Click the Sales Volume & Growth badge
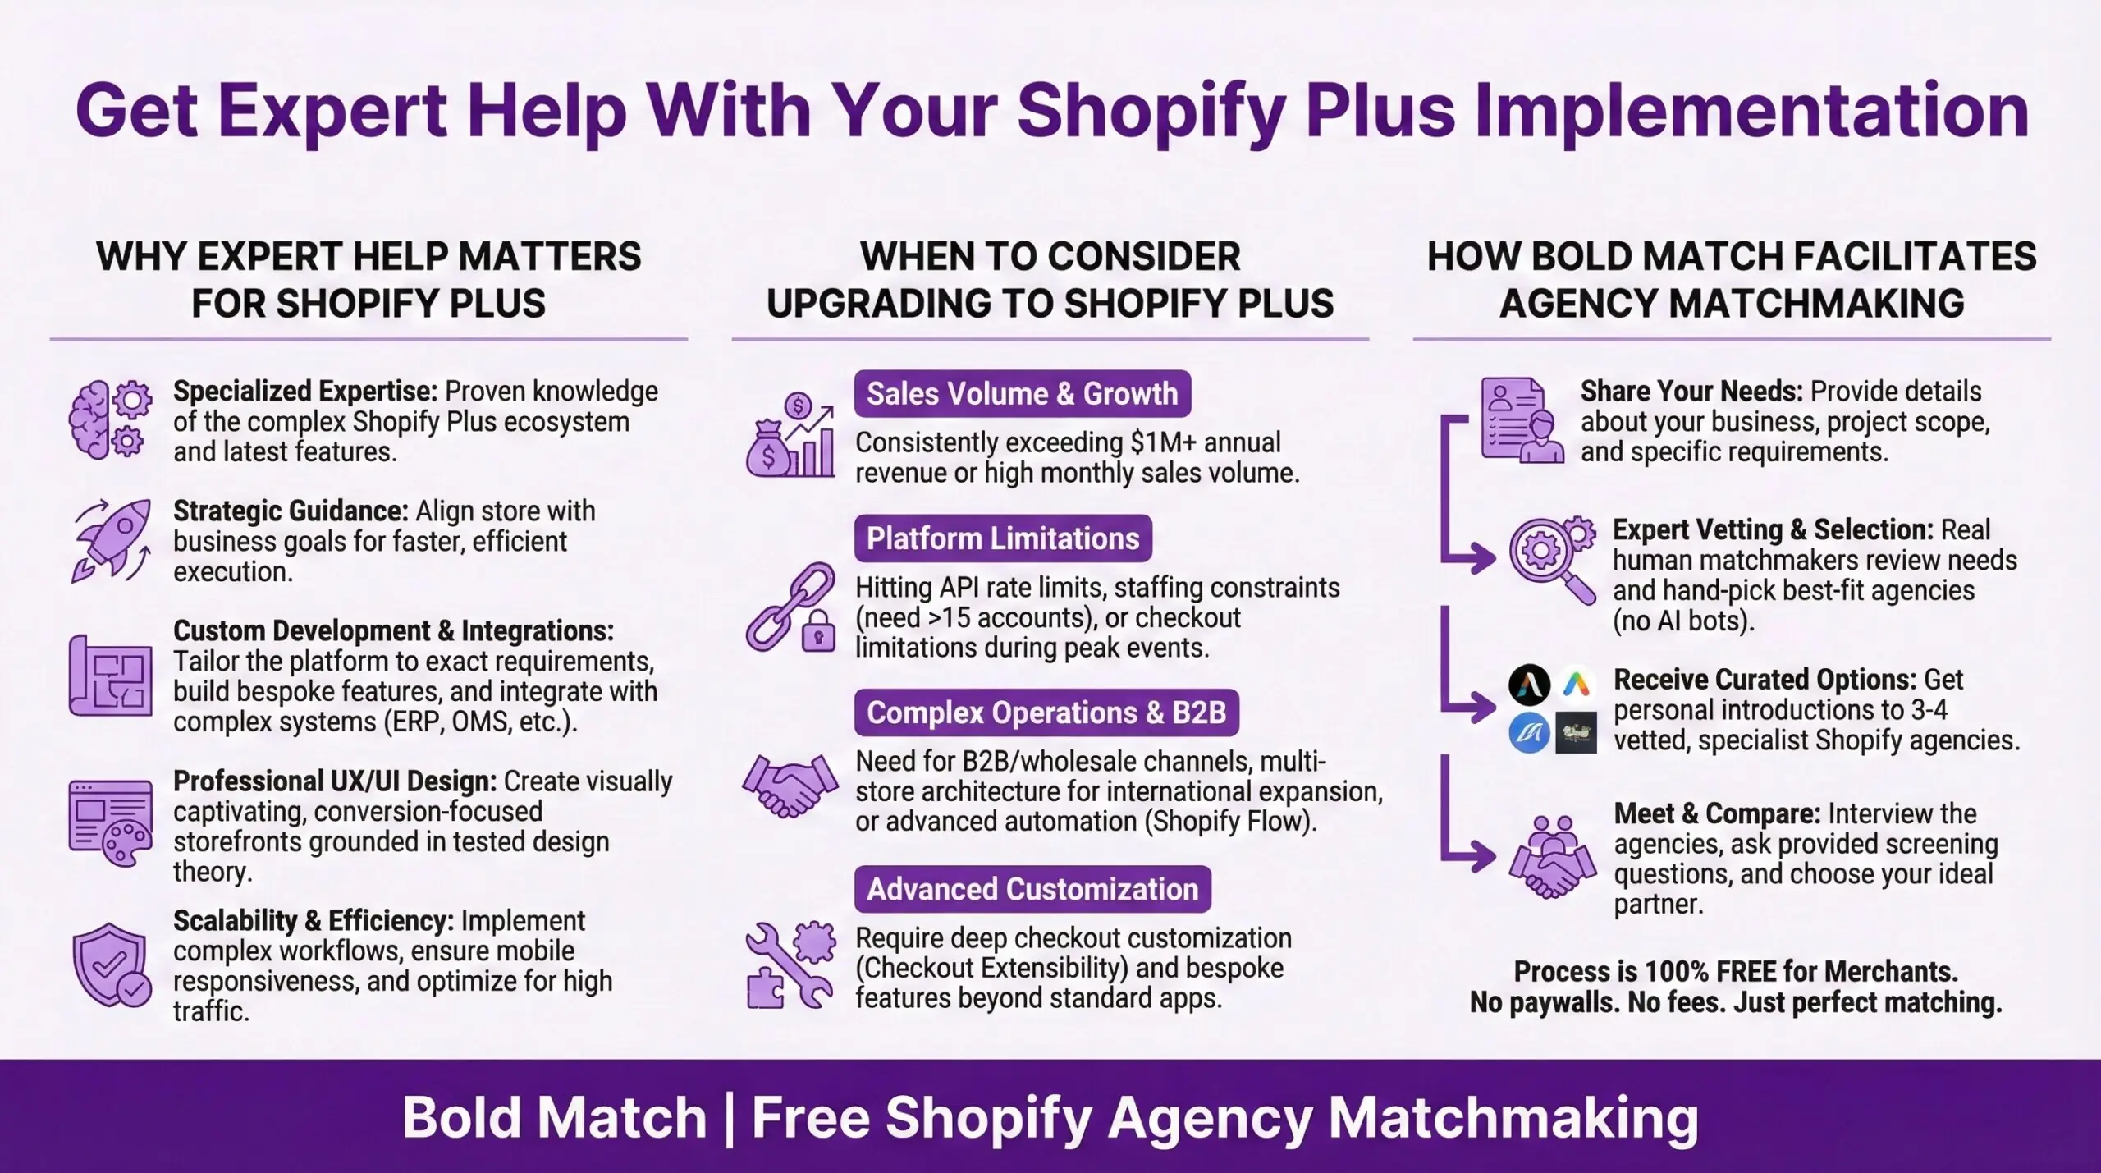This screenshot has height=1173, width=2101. [x=1022, y=394]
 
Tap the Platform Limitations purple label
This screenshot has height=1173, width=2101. [x=1003, y=538]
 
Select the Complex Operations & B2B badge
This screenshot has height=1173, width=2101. [x=1046, y=713]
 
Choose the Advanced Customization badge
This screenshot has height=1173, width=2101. [x=1032, y=889]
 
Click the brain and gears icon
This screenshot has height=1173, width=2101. [x=110, y=419]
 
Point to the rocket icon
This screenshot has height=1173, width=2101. [x=112, y=540]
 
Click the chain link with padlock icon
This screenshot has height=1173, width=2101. [x=790, y=607]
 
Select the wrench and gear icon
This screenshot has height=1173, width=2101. [x=790, y=965]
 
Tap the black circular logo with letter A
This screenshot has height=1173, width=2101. [x=1529, y=685]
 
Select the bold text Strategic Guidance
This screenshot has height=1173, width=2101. [x=290, y=511]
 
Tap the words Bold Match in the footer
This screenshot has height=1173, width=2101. [x=554, y=1118]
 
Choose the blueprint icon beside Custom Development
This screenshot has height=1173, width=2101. [x=111, y=676]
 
